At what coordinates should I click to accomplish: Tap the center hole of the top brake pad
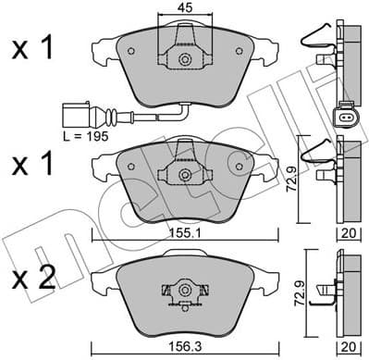tap(186, 61)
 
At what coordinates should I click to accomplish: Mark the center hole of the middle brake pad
tap(186, 172)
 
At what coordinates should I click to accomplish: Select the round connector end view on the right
tap(341, 117)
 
